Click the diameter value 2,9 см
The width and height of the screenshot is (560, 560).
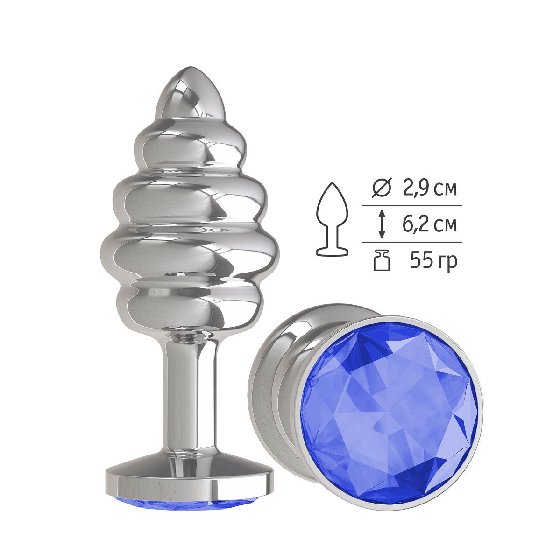pos(429,189)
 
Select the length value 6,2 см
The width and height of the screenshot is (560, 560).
pos(429,224)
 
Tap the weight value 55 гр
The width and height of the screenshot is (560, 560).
pos(433,261)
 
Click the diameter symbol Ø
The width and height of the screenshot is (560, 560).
pos(382,189)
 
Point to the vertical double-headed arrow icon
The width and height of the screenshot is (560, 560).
pos(382,224)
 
